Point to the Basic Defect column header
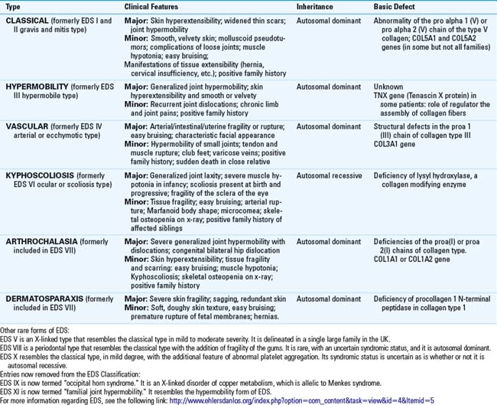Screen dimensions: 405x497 [x=394, y=6]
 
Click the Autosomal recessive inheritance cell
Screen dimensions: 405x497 [x=329, y=175]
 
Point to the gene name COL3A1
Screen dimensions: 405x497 [x=391, y=147]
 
